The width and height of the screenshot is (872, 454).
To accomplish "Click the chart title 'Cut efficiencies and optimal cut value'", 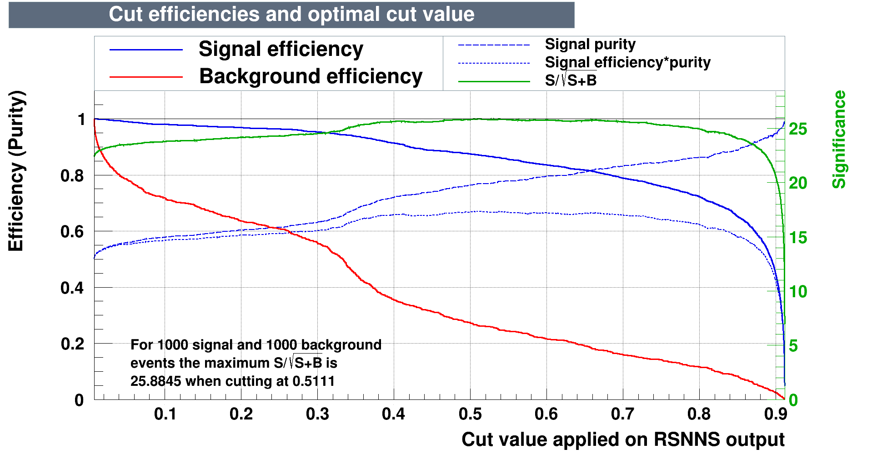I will pyautogui.click(x=291, y=15).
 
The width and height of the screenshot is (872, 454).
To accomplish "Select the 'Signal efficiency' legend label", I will pyautogui.click(x=281, y=49).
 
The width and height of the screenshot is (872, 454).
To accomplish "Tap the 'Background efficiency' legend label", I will pyautogui.click(x=311, y=76).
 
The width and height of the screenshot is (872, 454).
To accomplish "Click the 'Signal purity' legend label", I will pyautogui.click(x=590, y=45).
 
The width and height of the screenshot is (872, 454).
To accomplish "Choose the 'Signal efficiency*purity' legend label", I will pyautogui.click(x=627, y=62).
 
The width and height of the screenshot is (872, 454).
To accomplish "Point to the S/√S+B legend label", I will pyautogui.click(x=571, y=80).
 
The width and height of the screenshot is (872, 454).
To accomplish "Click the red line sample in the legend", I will pyautogui.click(x=146, y=77).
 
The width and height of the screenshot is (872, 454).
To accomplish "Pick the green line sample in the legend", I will pyautogui.click(x=494, y=81).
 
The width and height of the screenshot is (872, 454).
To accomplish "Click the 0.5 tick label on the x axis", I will pyautogui.click(x=470, y=414).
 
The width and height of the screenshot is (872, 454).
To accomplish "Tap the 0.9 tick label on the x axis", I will pyautogui.click(x=776, y=414).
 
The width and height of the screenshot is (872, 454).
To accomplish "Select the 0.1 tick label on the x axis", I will pyautogui.click(x=165, y=414).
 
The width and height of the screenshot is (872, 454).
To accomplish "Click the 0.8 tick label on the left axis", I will pyautogui.click(x=72, y=176).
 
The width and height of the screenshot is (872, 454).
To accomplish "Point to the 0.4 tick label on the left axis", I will pyautogui.click(x=72, y=288).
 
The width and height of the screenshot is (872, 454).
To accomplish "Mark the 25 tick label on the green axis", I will pyautogui.click(x=798, y=130).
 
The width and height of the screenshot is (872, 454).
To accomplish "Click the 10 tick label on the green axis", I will pyautogui.click(x=798, y=292).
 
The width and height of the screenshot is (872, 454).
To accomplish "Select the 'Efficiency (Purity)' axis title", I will pyautogui.click(x=16, y=171).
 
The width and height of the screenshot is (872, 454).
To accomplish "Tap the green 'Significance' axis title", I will pyautogui.click(x=839, y=140).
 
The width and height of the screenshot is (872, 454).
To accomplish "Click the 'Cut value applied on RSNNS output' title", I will pyautogui.click(x=623, y=439).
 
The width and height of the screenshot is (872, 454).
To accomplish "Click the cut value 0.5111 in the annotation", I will pyautogui.click(x=313, y=381).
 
